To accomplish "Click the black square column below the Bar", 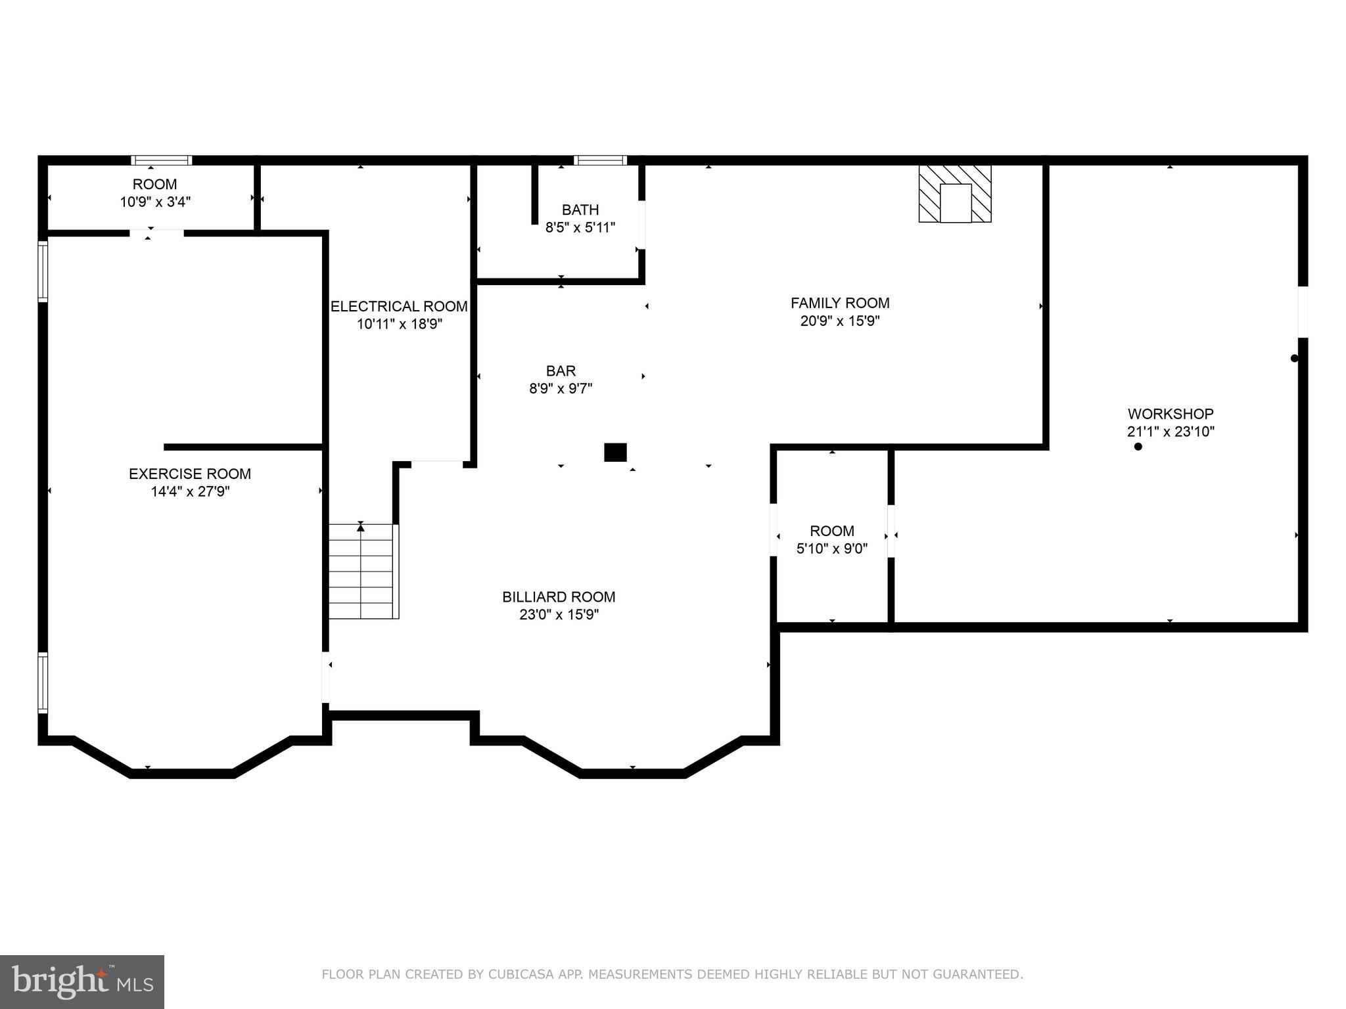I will (x=615, y=453).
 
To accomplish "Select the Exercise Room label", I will (x=190, y=474).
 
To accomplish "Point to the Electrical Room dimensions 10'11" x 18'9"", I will (x=400, y=324).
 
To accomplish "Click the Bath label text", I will (x=580, y=210).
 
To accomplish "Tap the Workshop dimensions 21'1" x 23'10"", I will (x=1170, y=432).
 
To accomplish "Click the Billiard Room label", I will (x=559, y=597).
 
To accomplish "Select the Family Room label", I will (x=840, y=303).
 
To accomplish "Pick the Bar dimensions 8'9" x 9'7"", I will (x=561, y=389).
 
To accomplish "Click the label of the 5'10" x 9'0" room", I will (x=832, y=531).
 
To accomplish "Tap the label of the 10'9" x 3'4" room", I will (x=154, y=185).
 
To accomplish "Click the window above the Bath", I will (x=600, y=160).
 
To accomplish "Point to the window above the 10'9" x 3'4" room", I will (x=161, y=160).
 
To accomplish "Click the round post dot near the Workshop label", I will (x=1138, y=447).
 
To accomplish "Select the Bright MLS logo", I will (x=81, y=981).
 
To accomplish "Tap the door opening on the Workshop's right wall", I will (x=1303, y=312).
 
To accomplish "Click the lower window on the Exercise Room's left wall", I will (x=43, y=683).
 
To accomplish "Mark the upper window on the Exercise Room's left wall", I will (x=43, y=271).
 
